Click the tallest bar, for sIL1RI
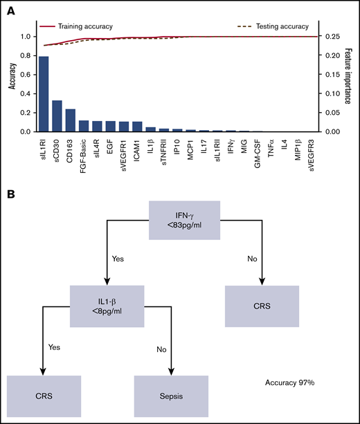coord(44,94)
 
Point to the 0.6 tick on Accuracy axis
coord(27,75)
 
